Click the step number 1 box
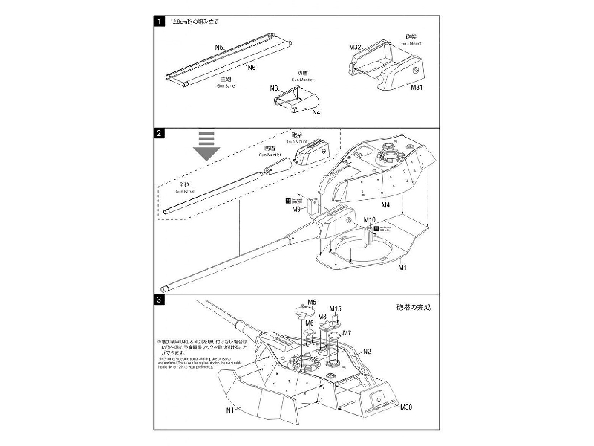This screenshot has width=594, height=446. point(160,22)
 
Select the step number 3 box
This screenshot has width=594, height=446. point(160,300)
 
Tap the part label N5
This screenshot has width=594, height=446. point(220,48)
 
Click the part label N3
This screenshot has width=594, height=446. point(274,88)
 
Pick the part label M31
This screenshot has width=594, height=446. point(417,87)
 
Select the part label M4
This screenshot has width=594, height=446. point(385,204)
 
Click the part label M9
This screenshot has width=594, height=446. point(296,210)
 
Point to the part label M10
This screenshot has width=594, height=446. point(371,220)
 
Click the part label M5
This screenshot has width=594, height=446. point(313,303)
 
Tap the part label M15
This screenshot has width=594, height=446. point(335,308)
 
